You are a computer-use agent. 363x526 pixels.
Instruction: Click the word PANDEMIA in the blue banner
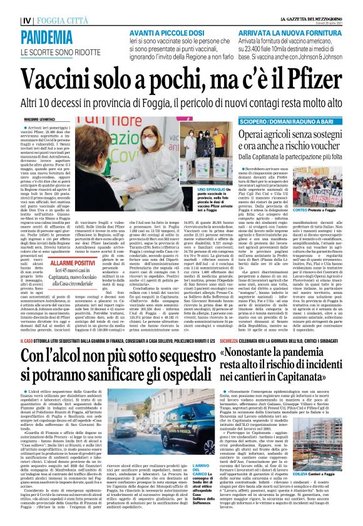[x=38, y=39]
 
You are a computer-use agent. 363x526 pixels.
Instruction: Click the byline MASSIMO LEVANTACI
[x=26, y=119]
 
